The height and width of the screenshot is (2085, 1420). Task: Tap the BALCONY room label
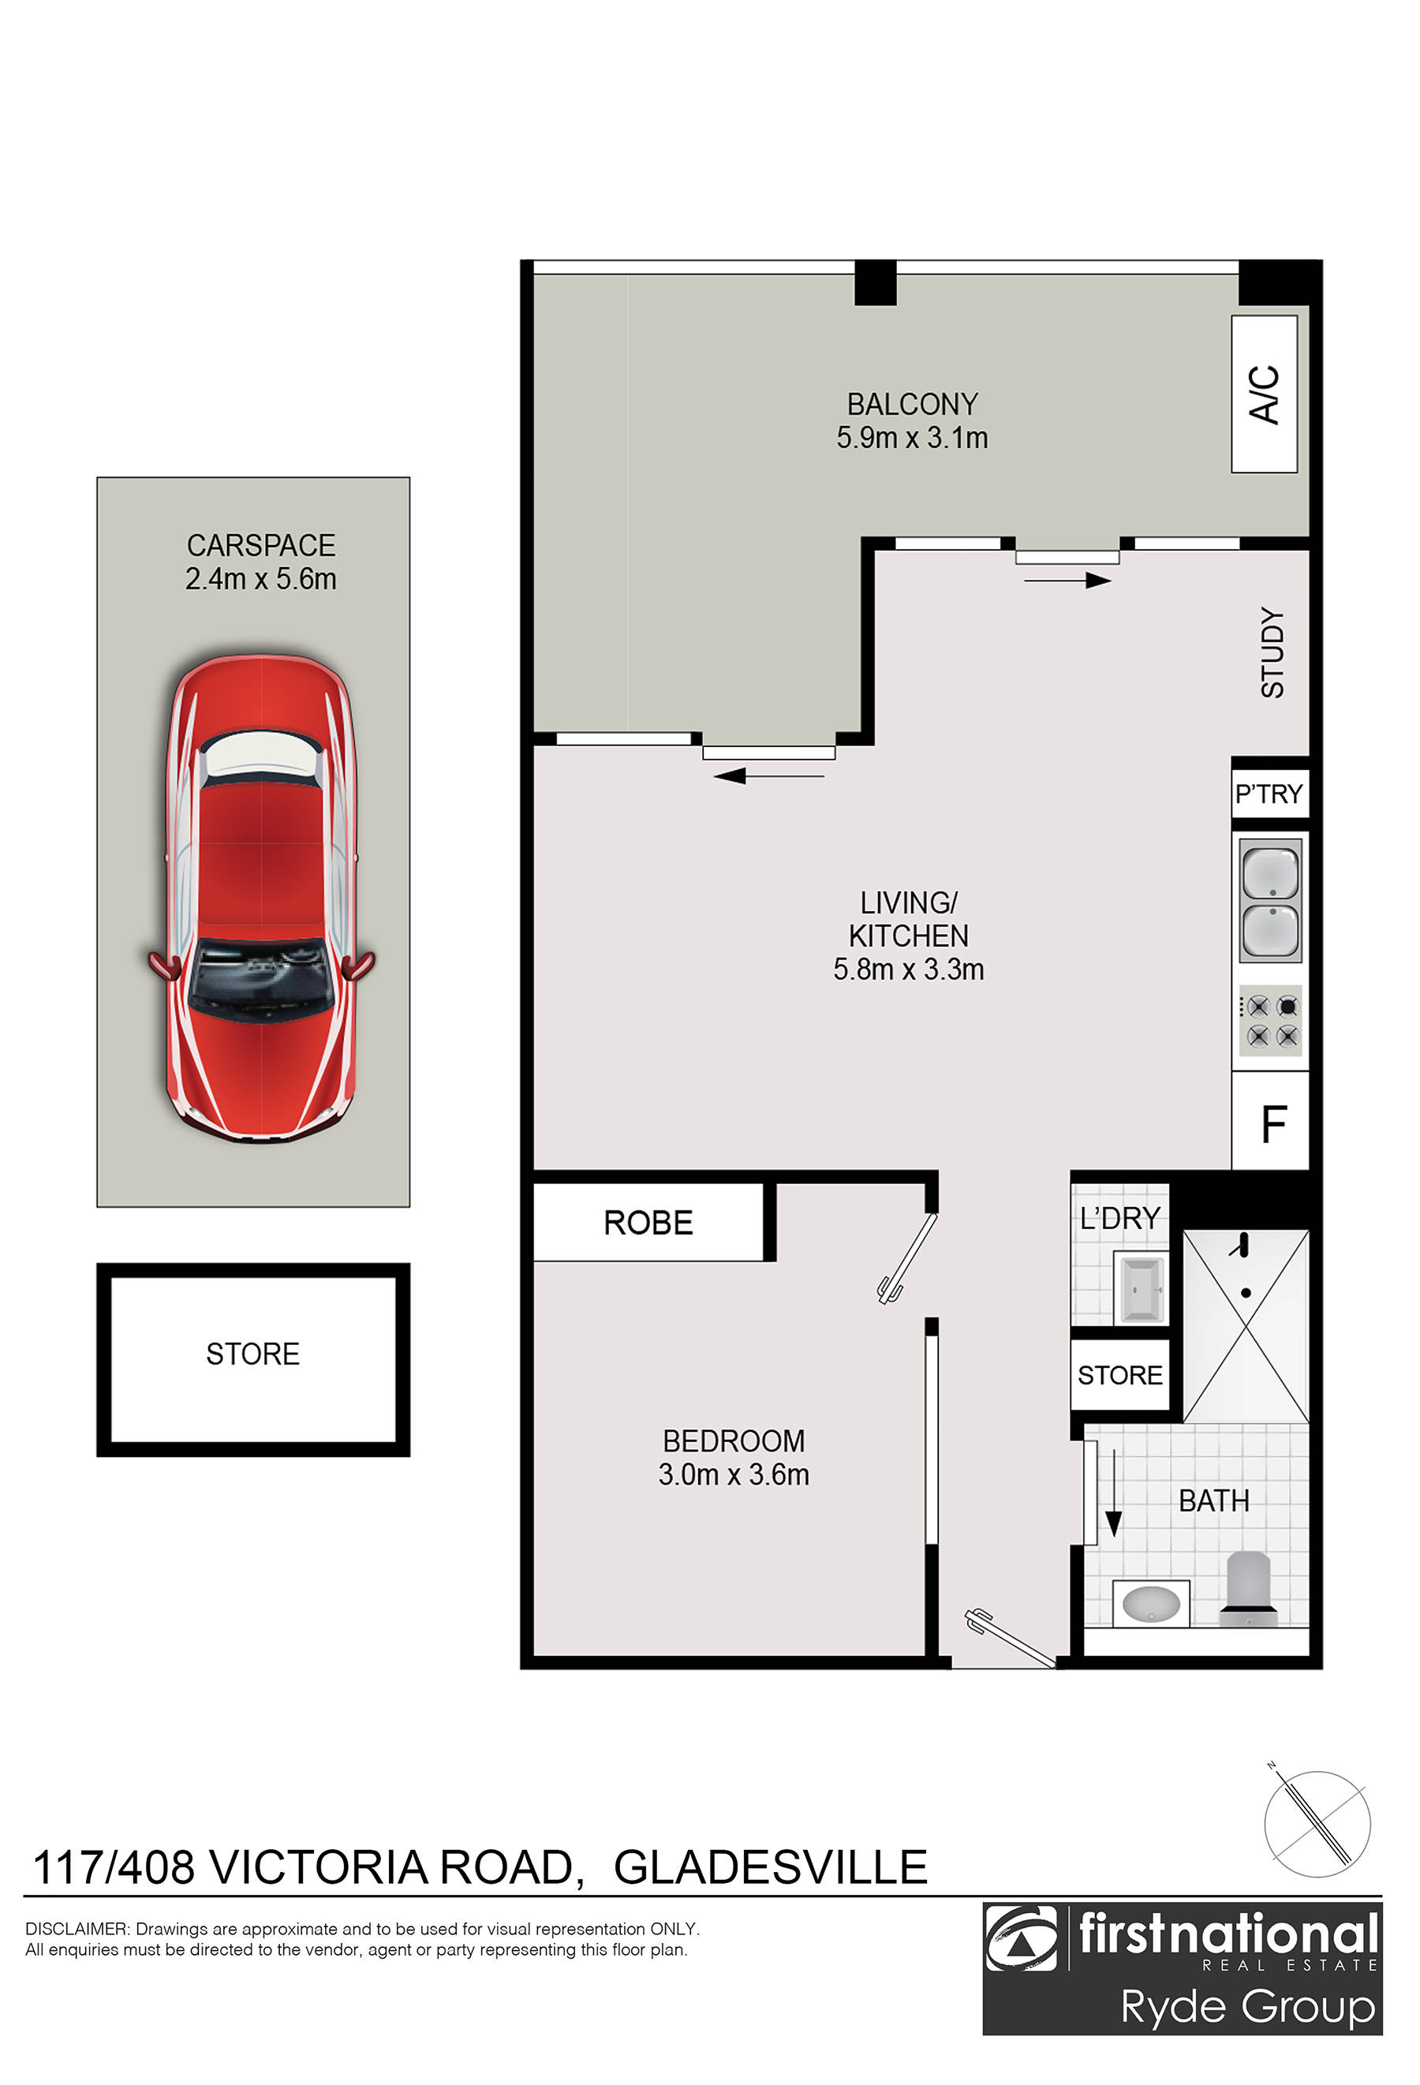click(911, 405)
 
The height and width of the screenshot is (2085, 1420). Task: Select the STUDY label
click(1272, 652)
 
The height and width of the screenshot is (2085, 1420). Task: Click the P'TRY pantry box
click(1269, 794)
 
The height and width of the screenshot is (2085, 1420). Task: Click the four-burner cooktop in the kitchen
click(1270, 1022)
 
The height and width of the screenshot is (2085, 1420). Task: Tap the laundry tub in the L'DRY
click(1140, 1290)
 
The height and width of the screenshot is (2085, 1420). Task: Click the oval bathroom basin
click(1151, 1602)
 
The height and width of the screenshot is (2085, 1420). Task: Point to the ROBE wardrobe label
click(648, 1223)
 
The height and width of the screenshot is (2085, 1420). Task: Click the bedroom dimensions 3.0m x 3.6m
click(733, 1474)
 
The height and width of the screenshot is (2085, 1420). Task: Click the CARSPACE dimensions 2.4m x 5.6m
click(261, 579)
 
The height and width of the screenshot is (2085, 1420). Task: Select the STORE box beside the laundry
click(1119, 1375)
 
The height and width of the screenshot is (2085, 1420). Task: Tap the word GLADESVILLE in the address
click(770, 1867)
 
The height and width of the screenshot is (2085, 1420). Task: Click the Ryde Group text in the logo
click(1247, 2007)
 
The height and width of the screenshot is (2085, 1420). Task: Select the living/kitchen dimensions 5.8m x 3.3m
click(908, 970)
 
